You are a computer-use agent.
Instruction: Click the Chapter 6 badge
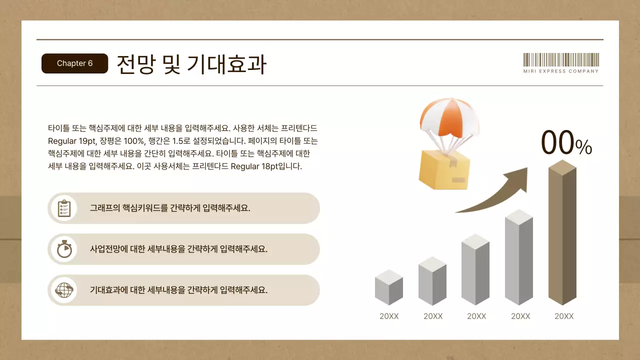tap(74, 63)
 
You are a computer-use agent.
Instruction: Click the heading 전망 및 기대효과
tap(191, 64)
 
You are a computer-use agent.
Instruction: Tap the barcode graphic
tap(560, 60)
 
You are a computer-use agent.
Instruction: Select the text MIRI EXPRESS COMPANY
tap(560, 71)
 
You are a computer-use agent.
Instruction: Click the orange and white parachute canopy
tap(445, 117)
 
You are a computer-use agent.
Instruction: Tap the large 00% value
tap(566, 143)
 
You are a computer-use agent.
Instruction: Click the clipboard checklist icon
tap(64, 208)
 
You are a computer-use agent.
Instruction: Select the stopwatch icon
tap(64, 249)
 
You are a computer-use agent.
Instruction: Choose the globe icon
tap(64, 290)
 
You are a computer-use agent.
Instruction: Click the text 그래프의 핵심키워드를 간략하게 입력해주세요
tap(170, 208)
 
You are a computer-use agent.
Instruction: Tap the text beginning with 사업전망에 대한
tap(178, 249)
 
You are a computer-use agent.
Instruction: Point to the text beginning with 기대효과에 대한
tap(178, 290)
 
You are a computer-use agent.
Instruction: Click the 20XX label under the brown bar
tap(564, 316)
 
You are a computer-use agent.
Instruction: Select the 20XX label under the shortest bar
tap(389, 316)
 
